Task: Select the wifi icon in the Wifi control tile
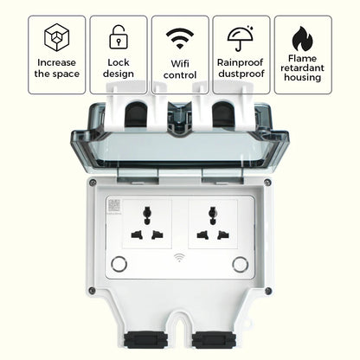click(179, 37)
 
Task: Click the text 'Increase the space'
click(56, 67)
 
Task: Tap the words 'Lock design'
click(118, 67)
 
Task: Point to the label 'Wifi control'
click(179, 67)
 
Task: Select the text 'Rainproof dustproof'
click(241, 67)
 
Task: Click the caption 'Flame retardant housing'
click(302, 68)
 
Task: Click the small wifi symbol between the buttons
click(178, 258)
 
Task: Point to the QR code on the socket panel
click(113, 205)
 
